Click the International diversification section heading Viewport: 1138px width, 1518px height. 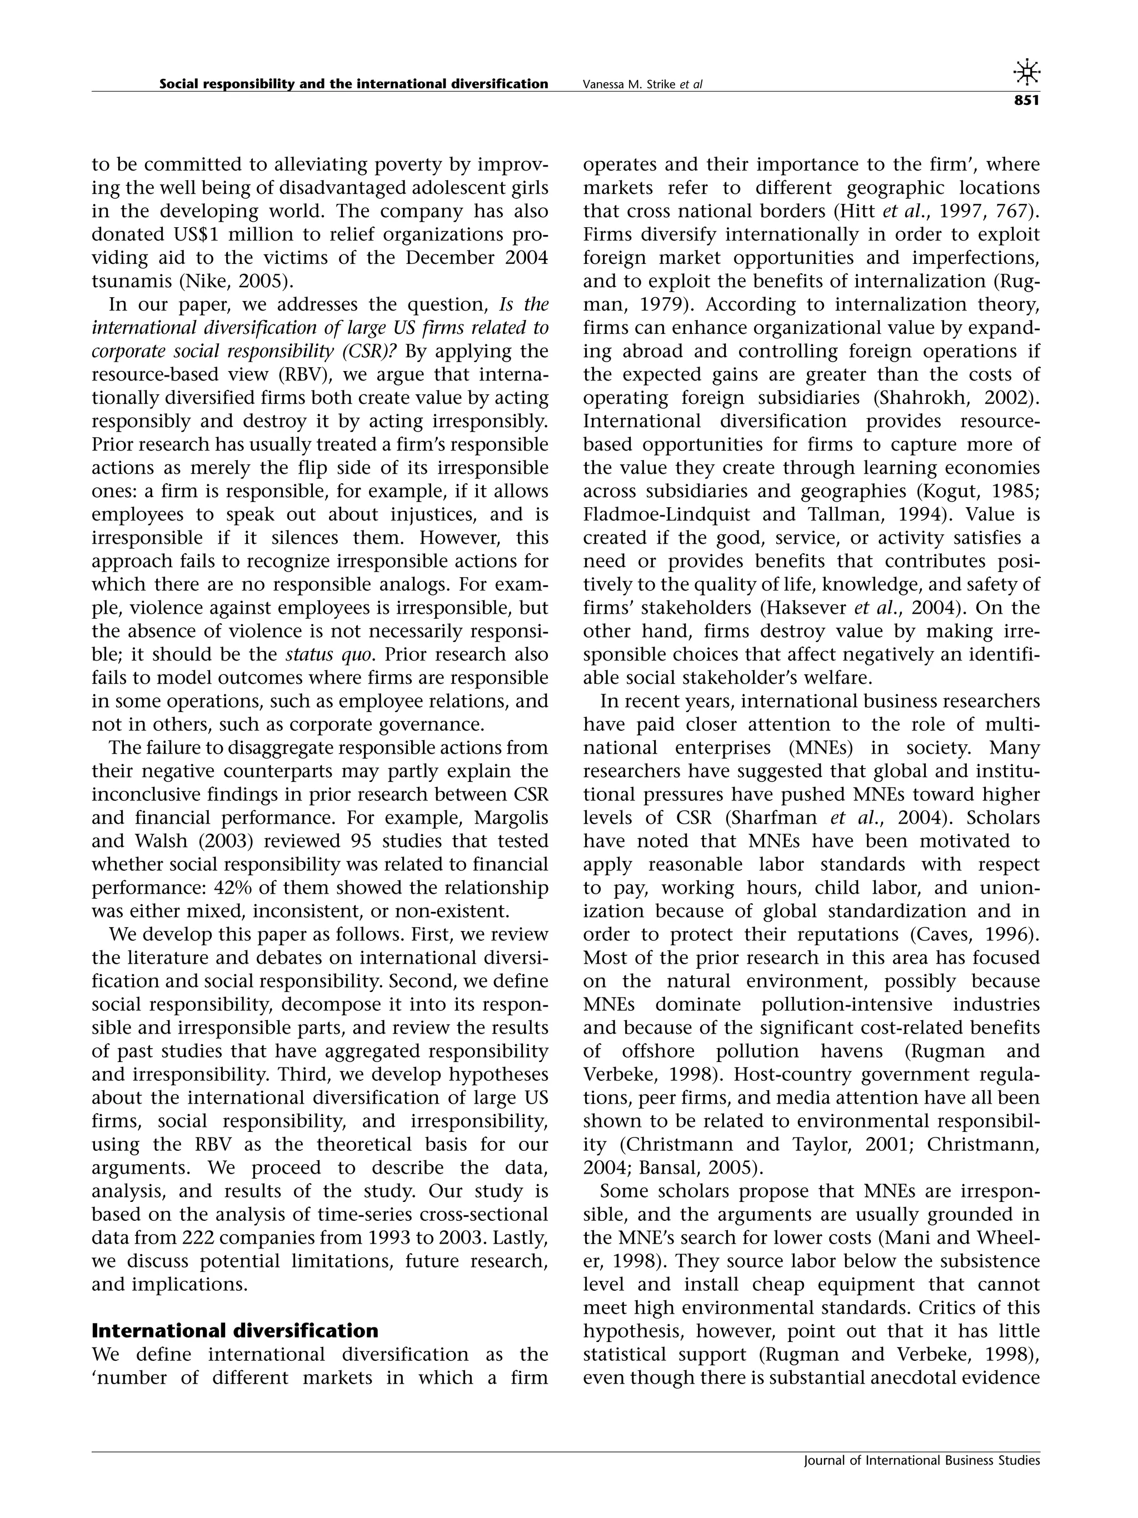click(234, 1331)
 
